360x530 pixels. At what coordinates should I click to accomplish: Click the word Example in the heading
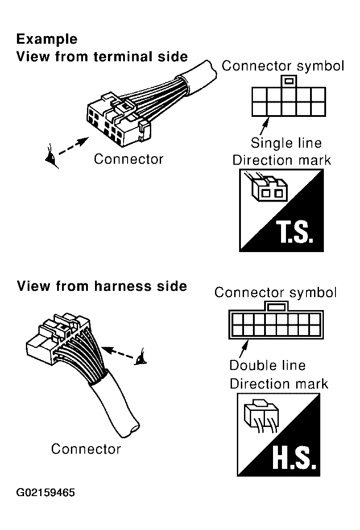[47, 39]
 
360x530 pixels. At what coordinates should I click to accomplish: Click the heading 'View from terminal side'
[102, 57]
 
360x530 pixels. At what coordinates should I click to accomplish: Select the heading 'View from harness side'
[102, 286]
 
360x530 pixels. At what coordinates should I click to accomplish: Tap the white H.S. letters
[294, 458]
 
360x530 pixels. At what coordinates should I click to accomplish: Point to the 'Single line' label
[286, 143]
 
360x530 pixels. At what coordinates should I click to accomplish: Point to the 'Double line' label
[267, 365]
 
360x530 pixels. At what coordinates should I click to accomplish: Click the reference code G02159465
[46, 493]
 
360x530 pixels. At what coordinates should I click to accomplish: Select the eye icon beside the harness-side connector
[141, 358]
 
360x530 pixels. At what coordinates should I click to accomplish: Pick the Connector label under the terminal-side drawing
[128, 159]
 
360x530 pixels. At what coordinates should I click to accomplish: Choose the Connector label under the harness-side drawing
[86, 449]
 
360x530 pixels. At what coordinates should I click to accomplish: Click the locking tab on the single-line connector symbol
[289, 82]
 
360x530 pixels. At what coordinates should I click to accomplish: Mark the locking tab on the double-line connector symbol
[276, 306]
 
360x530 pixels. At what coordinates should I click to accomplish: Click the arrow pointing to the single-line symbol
[264, 126]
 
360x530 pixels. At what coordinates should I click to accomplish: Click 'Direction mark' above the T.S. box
[281, 160]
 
